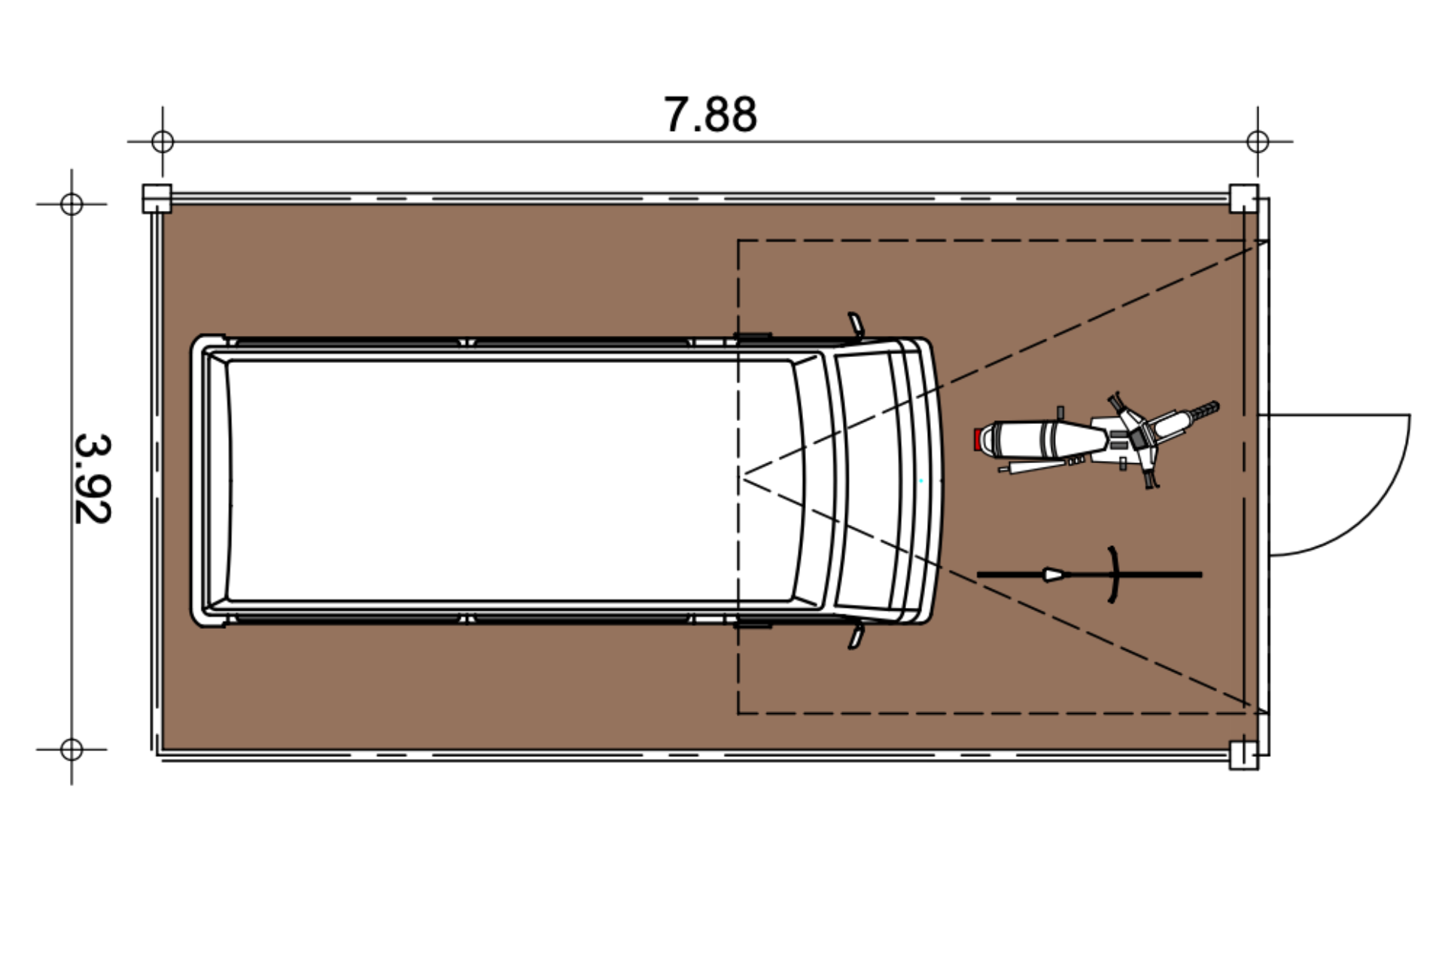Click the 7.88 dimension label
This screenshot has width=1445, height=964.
pyautogui.click(x=710, y=115)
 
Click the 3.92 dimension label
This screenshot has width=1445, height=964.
pyautogui.click(x=93, y=478)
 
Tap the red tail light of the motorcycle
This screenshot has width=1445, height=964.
pyautogui.click(x=977, y=440)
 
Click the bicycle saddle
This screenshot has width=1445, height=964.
pyautogui.click(x=1054, y=575)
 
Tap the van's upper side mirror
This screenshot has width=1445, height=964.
pyautogui.click(x=856, y=325)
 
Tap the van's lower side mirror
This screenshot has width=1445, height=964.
pyautogui.click(x=856, y=635)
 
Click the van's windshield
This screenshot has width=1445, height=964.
pyautogui.click(x=865, y=480)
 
